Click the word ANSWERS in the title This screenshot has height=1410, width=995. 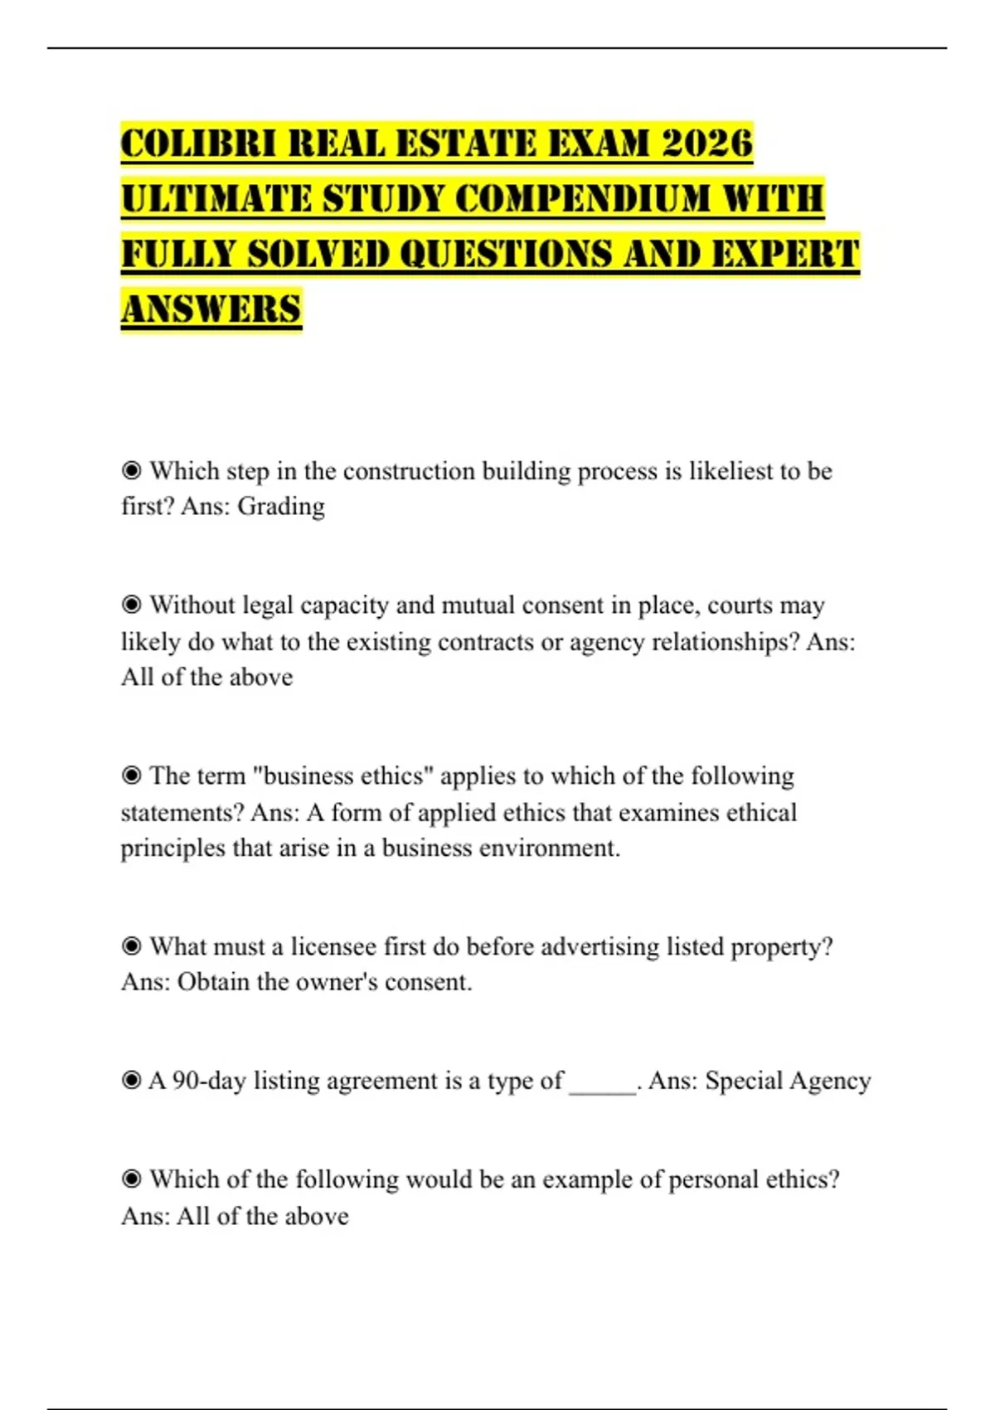click(211, 310)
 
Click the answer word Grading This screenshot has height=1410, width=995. click(281, 507)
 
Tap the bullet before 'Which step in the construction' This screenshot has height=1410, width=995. click(131, 471)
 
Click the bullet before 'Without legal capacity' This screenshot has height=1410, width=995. click(131, 605)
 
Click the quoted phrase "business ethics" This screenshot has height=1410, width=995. click(342, 776)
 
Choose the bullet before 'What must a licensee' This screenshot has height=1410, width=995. click(131, 946)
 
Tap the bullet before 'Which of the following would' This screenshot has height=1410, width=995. click(131, 1179)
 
